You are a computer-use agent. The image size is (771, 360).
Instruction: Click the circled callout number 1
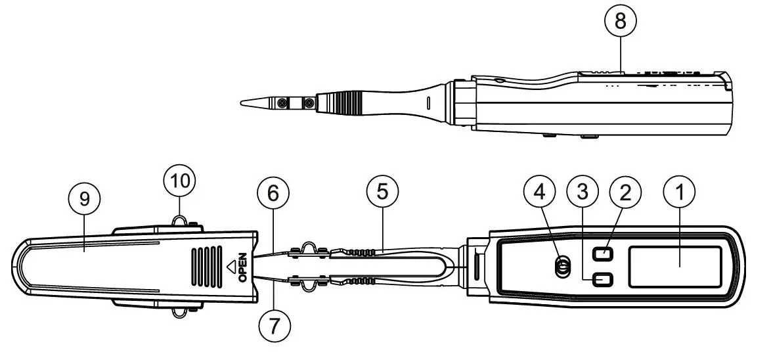click(680, 192)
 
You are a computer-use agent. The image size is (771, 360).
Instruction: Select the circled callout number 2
click(625, 192)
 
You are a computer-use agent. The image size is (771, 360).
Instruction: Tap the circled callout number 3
click(582, 192)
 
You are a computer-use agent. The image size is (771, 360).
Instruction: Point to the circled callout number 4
click(540, 192)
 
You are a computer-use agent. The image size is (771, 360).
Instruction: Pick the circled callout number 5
click(382, 191)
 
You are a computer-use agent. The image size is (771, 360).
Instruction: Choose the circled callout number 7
click(274, 325)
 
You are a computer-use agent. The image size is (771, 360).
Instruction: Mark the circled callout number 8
click(621, 22)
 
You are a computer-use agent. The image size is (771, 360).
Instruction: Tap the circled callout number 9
click(84, 199)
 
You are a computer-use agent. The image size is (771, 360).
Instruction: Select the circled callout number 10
click(179, 181)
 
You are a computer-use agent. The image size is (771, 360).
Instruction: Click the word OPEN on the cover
click(242, 267)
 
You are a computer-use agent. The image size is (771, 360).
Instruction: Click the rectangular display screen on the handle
click(675, 267)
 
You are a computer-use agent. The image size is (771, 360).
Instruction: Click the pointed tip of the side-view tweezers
click(241, 102)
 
